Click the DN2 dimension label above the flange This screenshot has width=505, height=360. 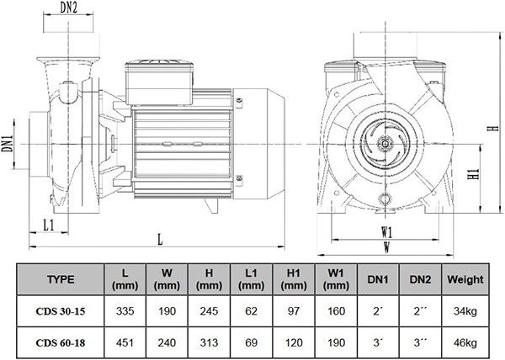(69, 8)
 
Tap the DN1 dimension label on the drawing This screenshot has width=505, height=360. (8, 143)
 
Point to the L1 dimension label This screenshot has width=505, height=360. (49, 225)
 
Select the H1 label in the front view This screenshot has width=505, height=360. (474, 174)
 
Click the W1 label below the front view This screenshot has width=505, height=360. (387, 232)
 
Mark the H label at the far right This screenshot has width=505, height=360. (493, 128)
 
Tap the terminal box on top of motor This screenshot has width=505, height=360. (159, 82)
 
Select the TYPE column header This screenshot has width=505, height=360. (61, 279)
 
